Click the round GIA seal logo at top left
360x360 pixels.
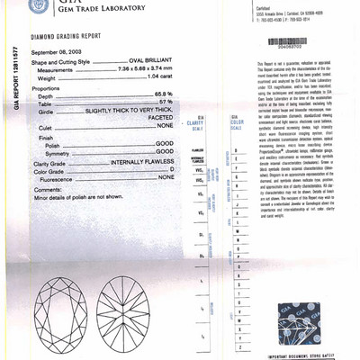[37, 5]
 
